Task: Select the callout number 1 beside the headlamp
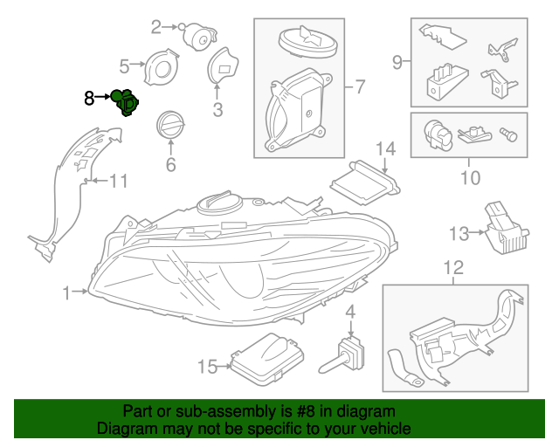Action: tap(67, 294)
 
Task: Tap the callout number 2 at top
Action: tap(157, 27)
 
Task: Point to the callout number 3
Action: tap(217, 110)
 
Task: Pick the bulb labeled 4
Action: tap(350, 358)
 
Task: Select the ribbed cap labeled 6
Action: tap(169, 126)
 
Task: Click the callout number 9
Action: tap(397, 62)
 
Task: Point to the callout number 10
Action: tap(469, 178)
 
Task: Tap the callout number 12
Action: tap(453, 268)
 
